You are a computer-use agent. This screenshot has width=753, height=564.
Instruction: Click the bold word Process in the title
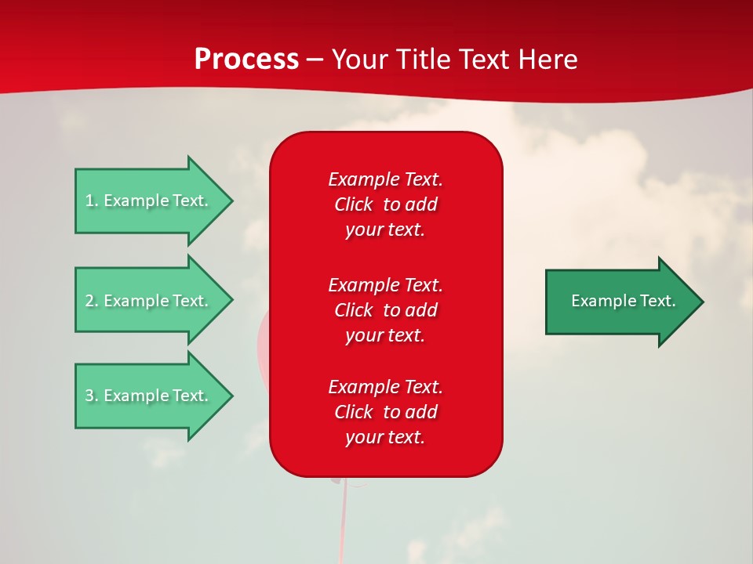pos(246,60)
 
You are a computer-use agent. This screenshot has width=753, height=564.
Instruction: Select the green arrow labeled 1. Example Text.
pos(149,201)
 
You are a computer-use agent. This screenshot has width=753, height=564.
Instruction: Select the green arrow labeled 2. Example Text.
pos(149,301)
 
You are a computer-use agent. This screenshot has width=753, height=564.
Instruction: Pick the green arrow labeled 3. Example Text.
pos(149,396)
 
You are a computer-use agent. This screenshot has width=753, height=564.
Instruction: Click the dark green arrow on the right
pos(620,302)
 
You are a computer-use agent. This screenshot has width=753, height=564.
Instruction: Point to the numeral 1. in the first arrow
pos(91,201)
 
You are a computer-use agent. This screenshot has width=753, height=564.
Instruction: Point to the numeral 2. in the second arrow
pos(91,301)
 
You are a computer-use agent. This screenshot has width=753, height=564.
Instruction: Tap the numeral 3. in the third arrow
pos(91,396)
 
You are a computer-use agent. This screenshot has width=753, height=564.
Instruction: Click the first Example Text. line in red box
pos(385,179)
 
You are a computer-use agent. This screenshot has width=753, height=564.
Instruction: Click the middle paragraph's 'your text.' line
pos(385,335)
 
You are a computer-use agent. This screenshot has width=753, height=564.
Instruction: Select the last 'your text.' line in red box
pos(385,437)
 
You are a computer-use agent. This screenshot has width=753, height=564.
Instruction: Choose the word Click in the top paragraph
pos(354,204)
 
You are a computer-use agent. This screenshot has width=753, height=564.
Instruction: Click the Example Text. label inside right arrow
pos(623,301)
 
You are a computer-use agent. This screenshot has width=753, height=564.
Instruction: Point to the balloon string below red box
pos(343,521)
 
